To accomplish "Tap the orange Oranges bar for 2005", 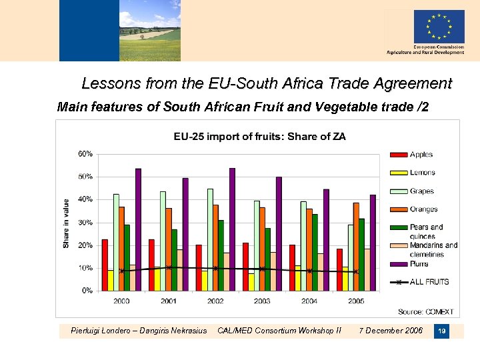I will point(356,247).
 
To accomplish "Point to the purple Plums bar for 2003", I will point(279,233).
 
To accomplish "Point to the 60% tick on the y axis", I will point(86,154).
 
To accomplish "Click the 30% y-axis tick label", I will point(86,223).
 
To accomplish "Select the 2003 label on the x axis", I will point(262,301).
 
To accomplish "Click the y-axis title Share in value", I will point(66,223).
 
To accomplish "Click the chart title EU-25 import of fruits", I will point(259,137).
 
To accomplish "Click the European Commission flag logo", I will point(439,27).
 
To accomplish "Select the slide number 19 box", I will point(441,331).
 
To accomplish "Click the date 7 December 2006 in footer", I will point(391,330).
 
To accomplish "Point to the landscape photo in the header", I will point(149,30).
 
